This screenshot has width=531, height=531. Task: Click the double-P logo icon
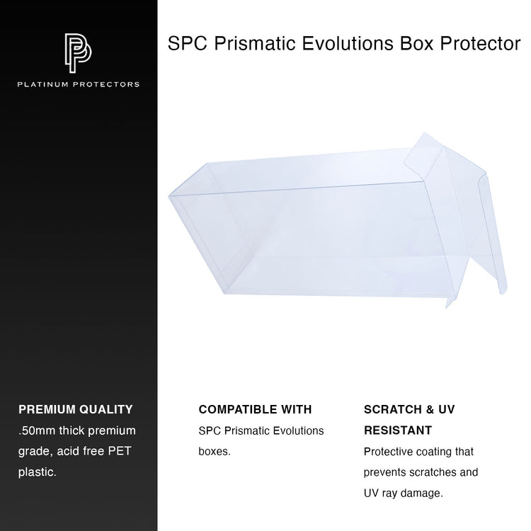[78, 53]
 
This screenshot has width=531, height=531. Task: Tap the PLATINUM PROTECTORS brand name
[78, 84]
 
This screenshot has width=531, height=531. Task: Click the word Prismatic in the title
[255, 43]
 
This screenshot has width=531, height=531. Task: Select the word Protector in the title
[480, 43]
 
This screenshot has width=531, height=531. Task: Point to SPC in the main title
[188, 43]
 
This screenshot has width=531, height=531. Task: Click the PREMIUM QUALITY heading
[76, 409]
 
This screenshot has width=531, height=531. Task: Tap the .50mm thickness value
[37, 430]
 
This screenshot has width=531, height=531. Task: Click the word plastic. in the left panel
[38, 472]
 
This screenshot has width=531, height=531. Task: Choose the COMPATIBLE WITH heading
[255, 409]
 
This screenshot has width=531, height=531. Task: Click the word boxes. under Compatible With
[215, 452]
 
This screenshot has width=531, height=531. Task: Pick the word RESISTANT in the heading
[398, 430]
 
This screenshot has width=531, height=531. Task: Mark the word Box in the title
[416, 43]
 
